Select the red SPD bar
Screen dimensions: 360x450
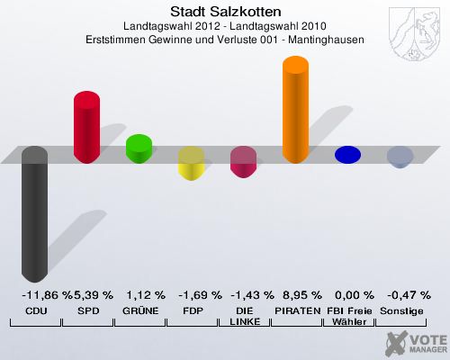(x=86, y=127)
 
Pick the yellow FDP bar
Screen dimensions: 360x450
(x=191, y=163)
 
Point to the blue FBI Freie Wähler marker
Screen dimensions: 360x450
(x=347, y=155)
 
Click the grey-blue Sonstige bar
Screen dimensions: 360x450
(x=400, y=157)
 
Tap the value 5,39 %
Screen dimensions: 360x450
(x=94, y=295)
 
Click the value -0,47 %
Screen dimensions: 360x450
(x=401, y=295)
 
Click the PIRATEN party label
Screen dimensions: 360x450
(x=296, y=310)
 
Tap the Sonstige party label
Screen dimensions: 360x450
(x=401, y=310)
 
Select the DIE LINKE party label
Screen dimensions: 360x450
(x=244, y=316)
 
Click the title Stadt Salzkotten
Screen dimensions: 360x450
(x=225, y=12)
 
